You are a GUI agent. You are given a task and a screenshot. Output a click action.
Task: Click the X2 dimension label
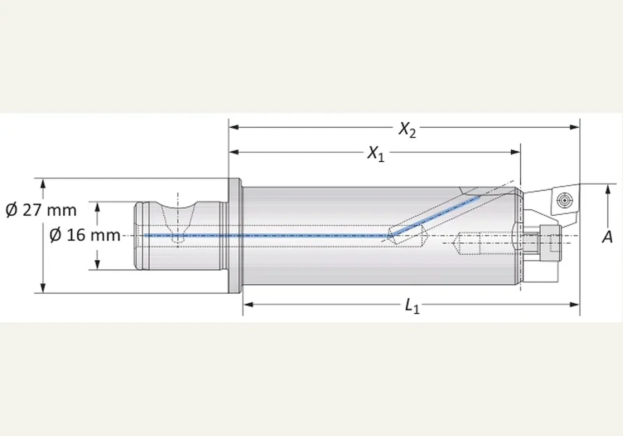[407, 130]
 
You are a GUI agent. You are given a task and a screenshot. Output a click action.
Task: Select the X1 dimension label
[376, 154]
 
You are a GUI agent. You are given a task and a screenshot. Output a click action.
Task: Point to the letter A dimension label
[608, 237]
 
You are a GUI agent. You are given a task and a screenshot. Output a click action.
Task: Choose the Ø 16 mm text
[85, 235]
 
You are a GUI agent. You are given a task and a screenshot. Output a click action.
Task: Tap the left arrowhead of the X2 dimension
[234, 127]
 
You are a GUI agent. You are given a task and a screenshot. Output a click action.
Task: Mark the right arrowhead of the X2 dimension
[574, 127]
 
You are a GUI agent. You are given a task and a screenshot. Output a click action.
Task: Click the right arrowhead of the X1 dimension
[516, 152]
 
